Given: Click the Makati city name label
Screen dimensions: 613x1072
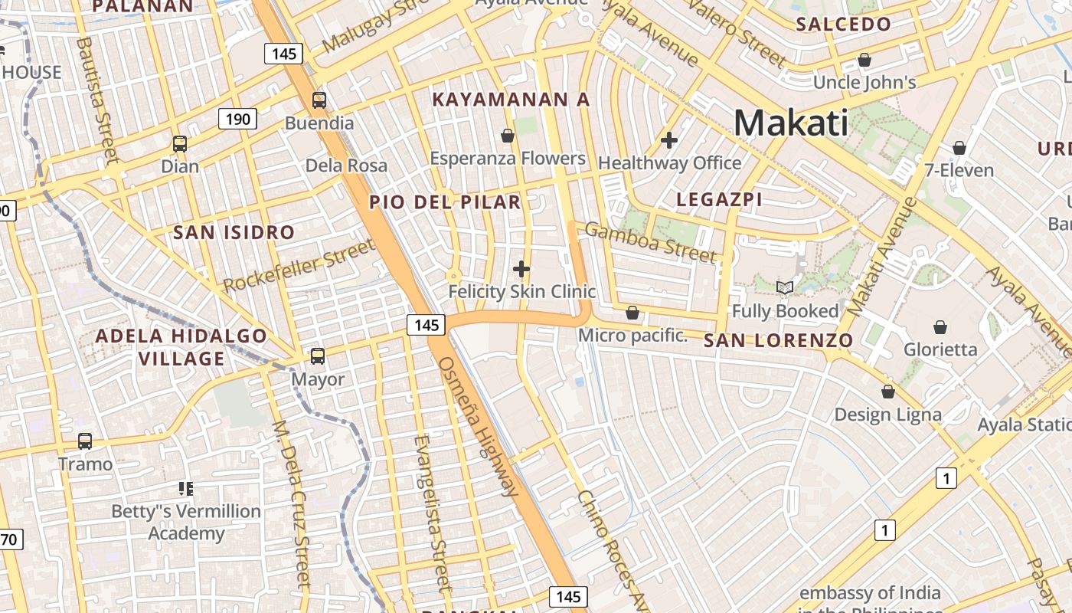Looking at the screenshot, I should pyautogui.click(x=791, y=123).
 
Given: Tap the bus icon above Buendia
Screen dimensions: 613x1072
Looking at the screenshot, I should pyautogui.click(x=319, y=100).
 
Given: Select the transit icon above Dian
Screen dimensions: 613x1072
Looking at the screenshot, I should pyautogui.click(x=180, y=143).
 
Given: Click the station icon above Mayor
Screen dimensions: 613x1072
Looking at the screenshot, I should pyautogui.click(x=317, y=356).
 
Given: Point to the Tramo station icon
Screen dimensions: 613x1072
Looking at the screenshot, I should pyautogui.click(x=85, y=441).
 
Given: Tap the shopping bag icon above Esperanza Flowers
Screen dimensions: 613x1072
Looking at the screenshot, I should pyautogui.click(x=507, y=136).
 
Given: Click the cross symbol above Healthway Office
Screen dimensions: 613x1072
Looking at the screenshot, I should pyautogui.click(x=669, y=140).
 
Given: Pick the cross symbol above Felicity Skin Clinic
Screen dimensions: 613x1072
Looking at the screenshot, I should pyautogui.click(x=521, y=269).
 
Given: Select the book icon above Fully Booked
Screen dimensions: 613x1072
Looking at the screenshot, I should pyautogui.click(x=785, y=288).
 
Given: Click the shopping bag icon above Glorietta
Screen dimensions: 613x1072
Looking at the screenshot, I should pyautogui.click(x=940, y=327).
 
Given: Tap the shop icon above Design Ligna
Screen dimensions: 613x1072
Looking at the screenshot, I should pyautogui.click(x=887, y=392).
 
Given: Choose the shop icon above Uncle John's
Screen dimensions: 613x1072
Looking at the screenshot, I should pyautogui.click(x=864, y=59).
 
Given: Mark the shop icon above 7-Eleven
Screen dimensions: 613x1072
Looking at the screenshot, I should pyautogui.click(x=959, y=148).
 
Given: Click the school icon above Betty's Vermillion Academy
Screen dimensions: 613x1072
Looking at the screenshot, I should pyautogui.click(x=186, y=488).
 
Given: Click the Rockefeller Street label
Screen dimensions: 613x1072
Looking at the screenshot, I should pyautogui.click(x=299, y=265).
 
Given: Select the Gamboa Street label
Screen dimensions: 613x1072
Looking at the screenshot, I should pyautogui.click(x=651, y=242).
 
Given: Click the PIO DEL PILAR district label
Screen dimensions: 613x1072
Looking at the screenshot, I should pyautogui.click(x=445, y=202).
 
